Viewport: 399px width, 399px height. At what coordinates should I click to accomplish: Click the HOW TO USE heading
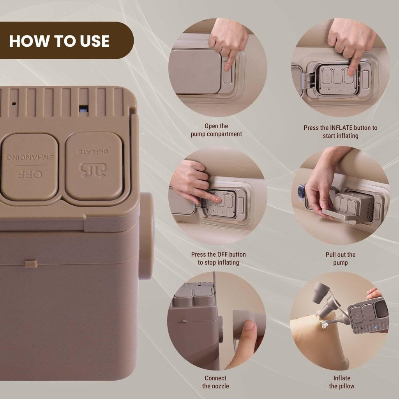pos(59,41)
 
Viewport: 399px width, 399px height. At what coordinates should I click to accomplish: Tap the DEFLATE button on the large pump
pos(94,166)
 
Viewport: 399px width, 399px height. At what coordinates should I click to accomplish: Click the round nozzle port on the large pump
pos(147,235)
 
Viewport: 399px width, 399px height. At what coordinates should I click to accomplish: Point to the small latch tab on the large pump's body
pos(31,264)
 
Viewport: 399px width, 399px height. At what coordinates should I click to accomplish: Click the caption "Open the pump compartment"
pos(216,130)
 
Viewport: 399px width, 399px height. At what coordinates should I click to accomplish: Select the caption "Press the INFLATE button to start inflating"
pos(340,132)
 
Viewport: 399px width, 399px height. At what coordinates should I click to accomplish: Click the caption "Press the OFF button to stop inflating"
pos(218,258)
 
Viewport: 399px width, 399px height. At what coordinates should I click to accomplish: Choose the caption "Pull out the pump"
pos(340,258)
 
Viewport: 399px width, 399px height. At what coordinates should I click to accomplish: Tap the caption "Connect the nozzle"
pos(215,382)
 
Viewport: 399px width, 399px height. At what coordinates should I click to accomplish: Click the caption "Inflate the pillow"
pos(341,382)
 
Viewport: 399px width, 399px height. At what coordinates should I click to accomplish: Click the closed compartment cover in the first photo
pos(196,71)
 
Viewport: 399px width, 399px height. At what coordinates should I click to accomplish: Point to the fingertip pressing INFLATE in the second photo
pos(351,72)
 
